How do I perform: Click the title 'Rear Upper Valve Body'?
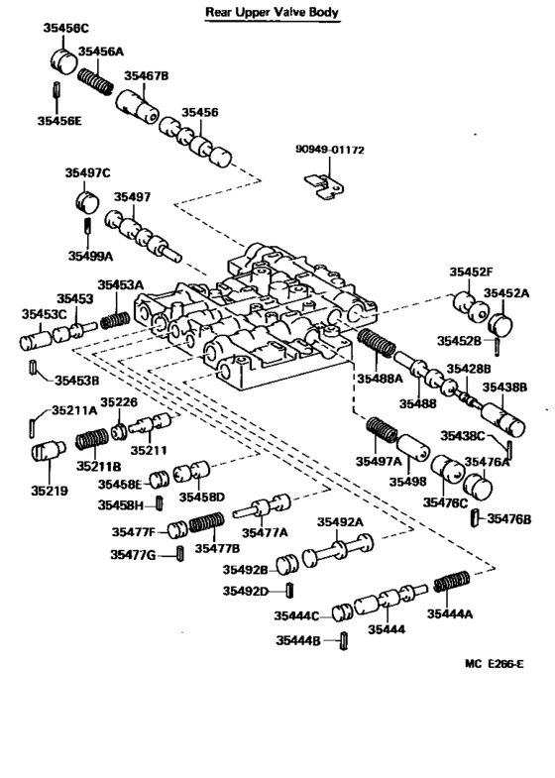click(272, 13)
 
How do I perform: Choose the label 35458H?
click(122, 504)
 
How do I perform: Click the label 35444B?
click(300, 641)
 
